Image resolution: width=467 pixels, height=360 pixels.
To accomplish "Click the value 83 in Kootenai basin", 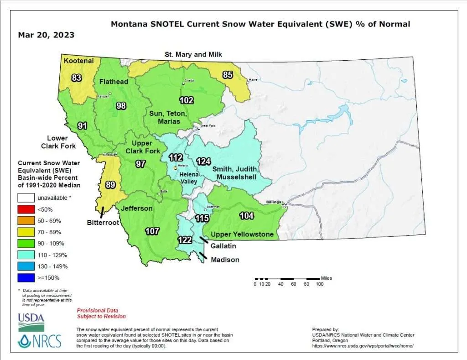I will (x=77, y=78).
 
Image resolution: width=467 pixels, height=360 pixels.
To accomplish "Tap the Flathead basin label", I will (x=114, y=82).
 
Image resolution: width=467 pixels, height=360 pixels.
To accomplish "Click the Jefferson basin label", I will (x=137, y=209).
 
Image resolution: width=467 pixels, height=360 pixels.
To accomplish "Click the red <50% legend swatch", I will (x=26, y=209).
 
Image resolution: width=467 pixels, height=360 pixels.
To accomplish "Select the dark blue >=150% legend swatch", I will (x=26, y=277).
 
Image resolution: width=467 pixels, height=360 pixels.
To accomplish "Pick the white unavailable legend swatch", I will (x=26, y=198).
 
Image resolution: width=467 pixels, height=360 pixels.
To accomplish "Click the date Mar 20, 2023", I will (x=46, y=35).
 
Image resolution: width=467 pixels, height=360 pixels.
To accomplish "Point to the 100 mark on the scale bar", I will (x=319, y=284).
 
